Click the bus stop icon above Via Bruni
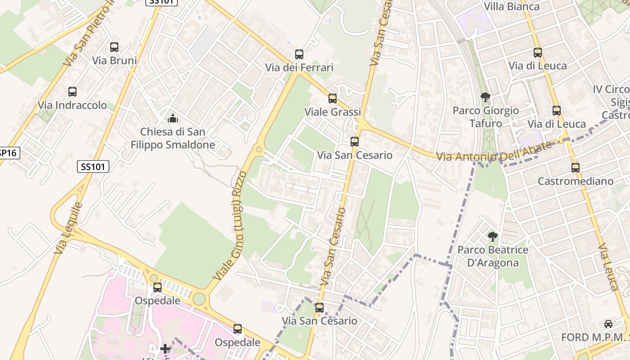tap(114, 47)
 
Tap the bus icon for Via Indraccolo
tap(72, 92)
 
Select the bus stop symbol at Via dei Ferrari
tap(299, 54)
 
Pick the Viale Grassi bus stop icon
tap(333, 99)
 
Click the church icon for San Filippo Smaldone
tap(172, 119)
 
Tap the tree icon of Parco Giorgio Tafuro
tap(485, 97)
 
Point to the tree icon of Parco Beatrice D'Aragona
tap(493, 236)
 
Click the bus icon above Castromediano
tap(576, 168)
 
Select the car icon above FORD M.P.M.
tap(608, 324)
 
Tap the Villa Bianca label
tap(512, 6)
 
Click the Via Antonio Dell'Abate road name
tap(494, 152)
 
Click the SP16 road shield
tap(8, 153)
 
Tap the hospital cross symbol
tap(165, 349)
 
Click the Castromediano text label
tap(576, 181)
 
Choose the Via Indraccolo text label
tap(72, 105)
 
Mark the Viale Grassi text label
tap(333, 112)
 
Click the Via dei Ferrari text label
tap(299, 68)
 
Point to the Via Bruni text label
tap(114, 60)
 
